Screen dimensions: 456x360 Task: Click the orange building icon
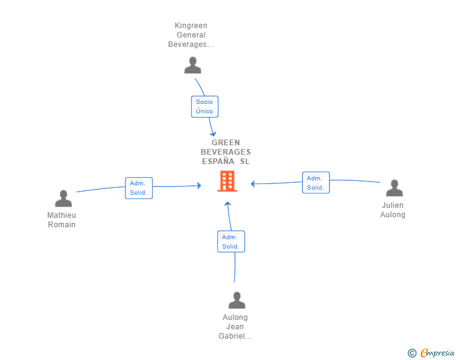point(227,181)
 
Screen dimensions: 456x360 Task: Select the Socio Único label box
point(205,106)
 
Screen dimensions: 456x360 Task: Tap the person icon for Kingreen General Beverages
point(192,65)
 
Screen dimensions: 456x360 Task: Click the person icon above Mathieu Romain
point(63,198)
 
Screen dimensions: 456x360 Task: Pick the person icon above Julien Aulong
point(395,188)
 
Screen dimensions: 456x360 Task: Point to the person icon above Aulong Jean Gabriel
point(237,300)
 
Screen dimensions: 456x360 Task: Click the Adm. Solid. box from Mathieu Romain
point(138,188)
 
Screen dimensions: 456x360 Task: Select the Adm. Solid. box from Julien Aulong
point(316,183)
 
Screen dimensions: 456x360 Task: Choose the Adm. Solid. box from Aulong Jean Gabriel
point(231,242)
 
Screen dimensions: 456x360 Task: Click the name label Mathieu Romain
point(61,220)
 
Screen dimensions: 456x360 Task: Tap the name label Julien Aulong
point(393,210)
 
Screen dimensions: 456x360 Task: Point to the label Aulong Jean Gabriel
point(235,327)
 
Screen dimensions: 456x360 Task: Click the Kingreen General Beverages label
point(191,35)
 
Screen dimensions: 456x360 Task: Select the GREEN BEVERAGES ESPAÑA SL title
point(225,152)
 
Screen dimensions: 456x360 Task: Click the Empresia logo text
point(437,352)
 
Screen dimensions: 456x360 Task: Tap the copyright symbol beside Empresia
point(412,353)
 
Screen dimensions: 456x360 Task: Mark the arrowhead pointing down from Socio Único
point(213,134)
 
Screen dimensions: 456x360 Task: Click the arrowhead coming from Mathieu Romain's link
point(199,185)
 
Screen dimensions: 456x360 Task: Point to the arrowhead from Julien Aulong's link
point(252,184)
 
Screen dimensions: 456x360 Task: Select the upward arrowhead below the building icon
point(228,204)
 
